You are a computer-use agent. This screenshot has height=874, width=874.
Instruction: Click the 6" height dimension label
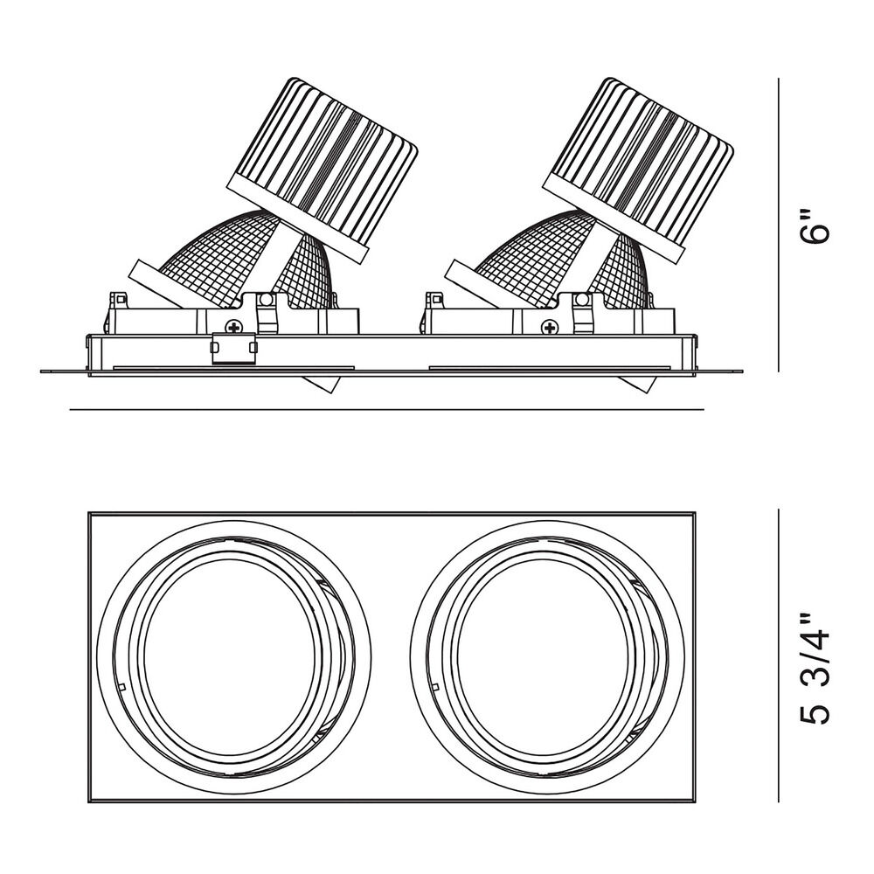tap(814, 226)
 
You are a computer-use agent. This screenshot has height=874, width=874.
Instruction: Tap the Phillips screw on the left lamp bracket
tap(233, 327)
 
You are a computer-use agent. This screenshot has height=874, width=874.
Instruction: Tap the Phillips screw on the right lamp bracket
tap(550, 327)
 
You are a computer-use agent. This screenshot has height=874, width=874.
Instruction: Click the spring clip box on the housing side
tap(233, 349)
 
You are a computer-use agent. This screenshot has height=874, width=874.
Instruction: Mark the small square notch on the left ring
tap(121, 686)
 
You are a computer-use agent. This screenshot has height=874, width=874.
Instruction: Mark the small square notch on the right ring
tap(435, 686)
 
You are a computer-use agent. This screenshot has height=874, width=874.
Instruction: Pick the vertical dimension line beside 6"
tap(779, 225)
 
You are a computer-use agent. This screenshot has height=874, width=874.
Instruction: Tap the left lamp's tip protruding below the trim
tap(321, 384)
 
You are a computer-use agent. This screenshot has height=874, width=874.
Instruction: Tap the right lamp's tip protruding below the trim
tap(636, 384)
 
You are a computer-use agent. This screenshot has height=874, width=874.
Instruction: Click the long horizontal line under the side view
tap(386, 410)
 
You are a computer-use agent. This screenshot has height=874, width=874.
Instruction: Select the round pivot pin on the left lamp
tap(266, 300)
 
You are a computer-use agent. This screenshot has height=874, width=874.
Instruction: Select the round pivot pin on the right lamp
tap(582, 300)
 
